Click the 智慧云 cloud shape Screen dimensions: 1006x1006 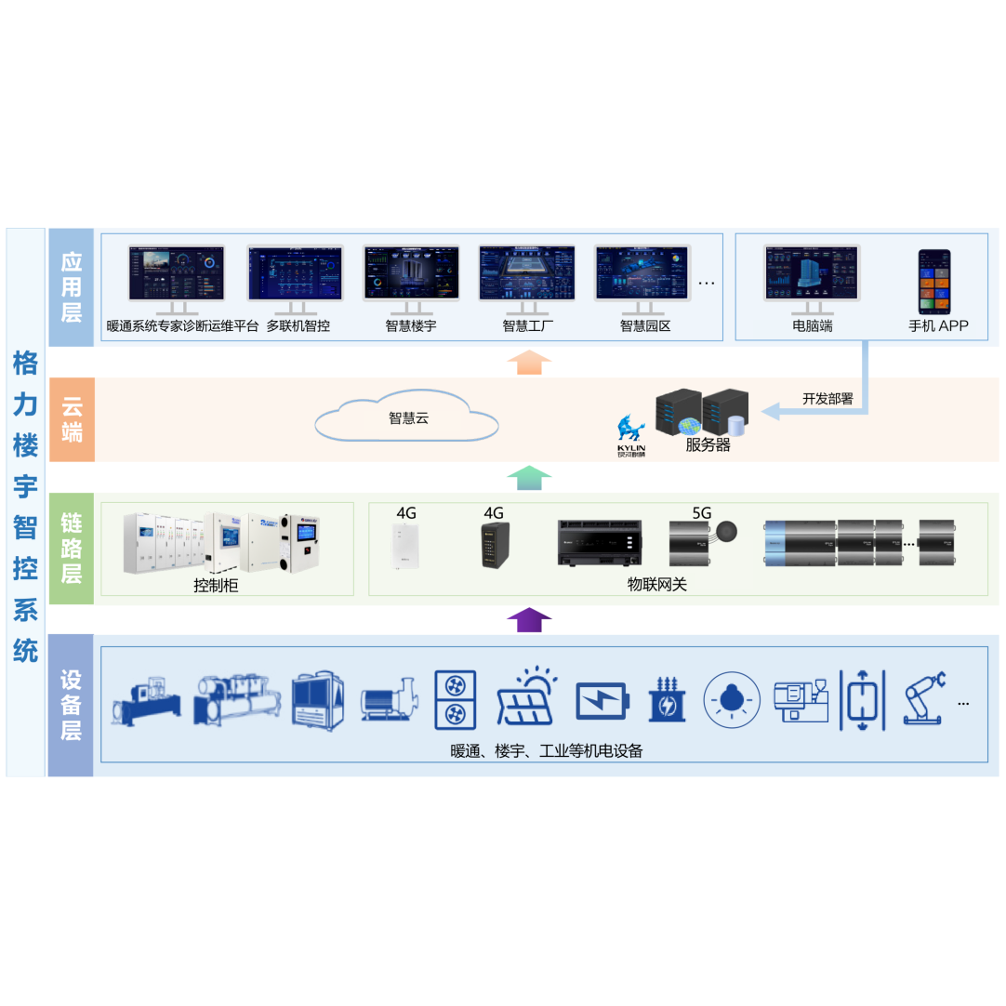click(x=407, y=419)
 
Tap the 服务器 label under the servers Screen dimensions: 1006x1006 click(x=708, y=445)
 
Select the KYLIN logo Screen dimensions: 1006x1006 click(x=631, y=435)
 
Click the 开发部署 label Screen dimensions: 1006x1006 click(x=827, y=399)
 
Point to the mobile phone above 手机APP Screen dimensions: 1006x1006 click(x=934, y=281)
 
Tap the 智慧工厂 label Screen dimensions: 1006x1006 click(x=527, y=326)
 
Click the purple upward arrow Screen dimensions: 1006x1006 click(x=529, y=620)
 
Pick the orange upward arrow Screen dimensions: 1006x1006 click(x=529, y=362)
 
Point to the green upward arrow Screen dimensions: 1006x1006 click(x=529, y=478)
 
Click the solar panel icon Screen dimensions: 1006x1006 click(x=526, y=696)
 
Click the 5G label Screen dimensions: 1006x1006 click(x=701, y=512)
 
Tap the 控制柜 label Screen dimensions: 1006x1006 click(x=216, y=586)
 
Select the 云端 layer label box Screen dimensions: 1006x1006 click(x=72, y=419)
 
